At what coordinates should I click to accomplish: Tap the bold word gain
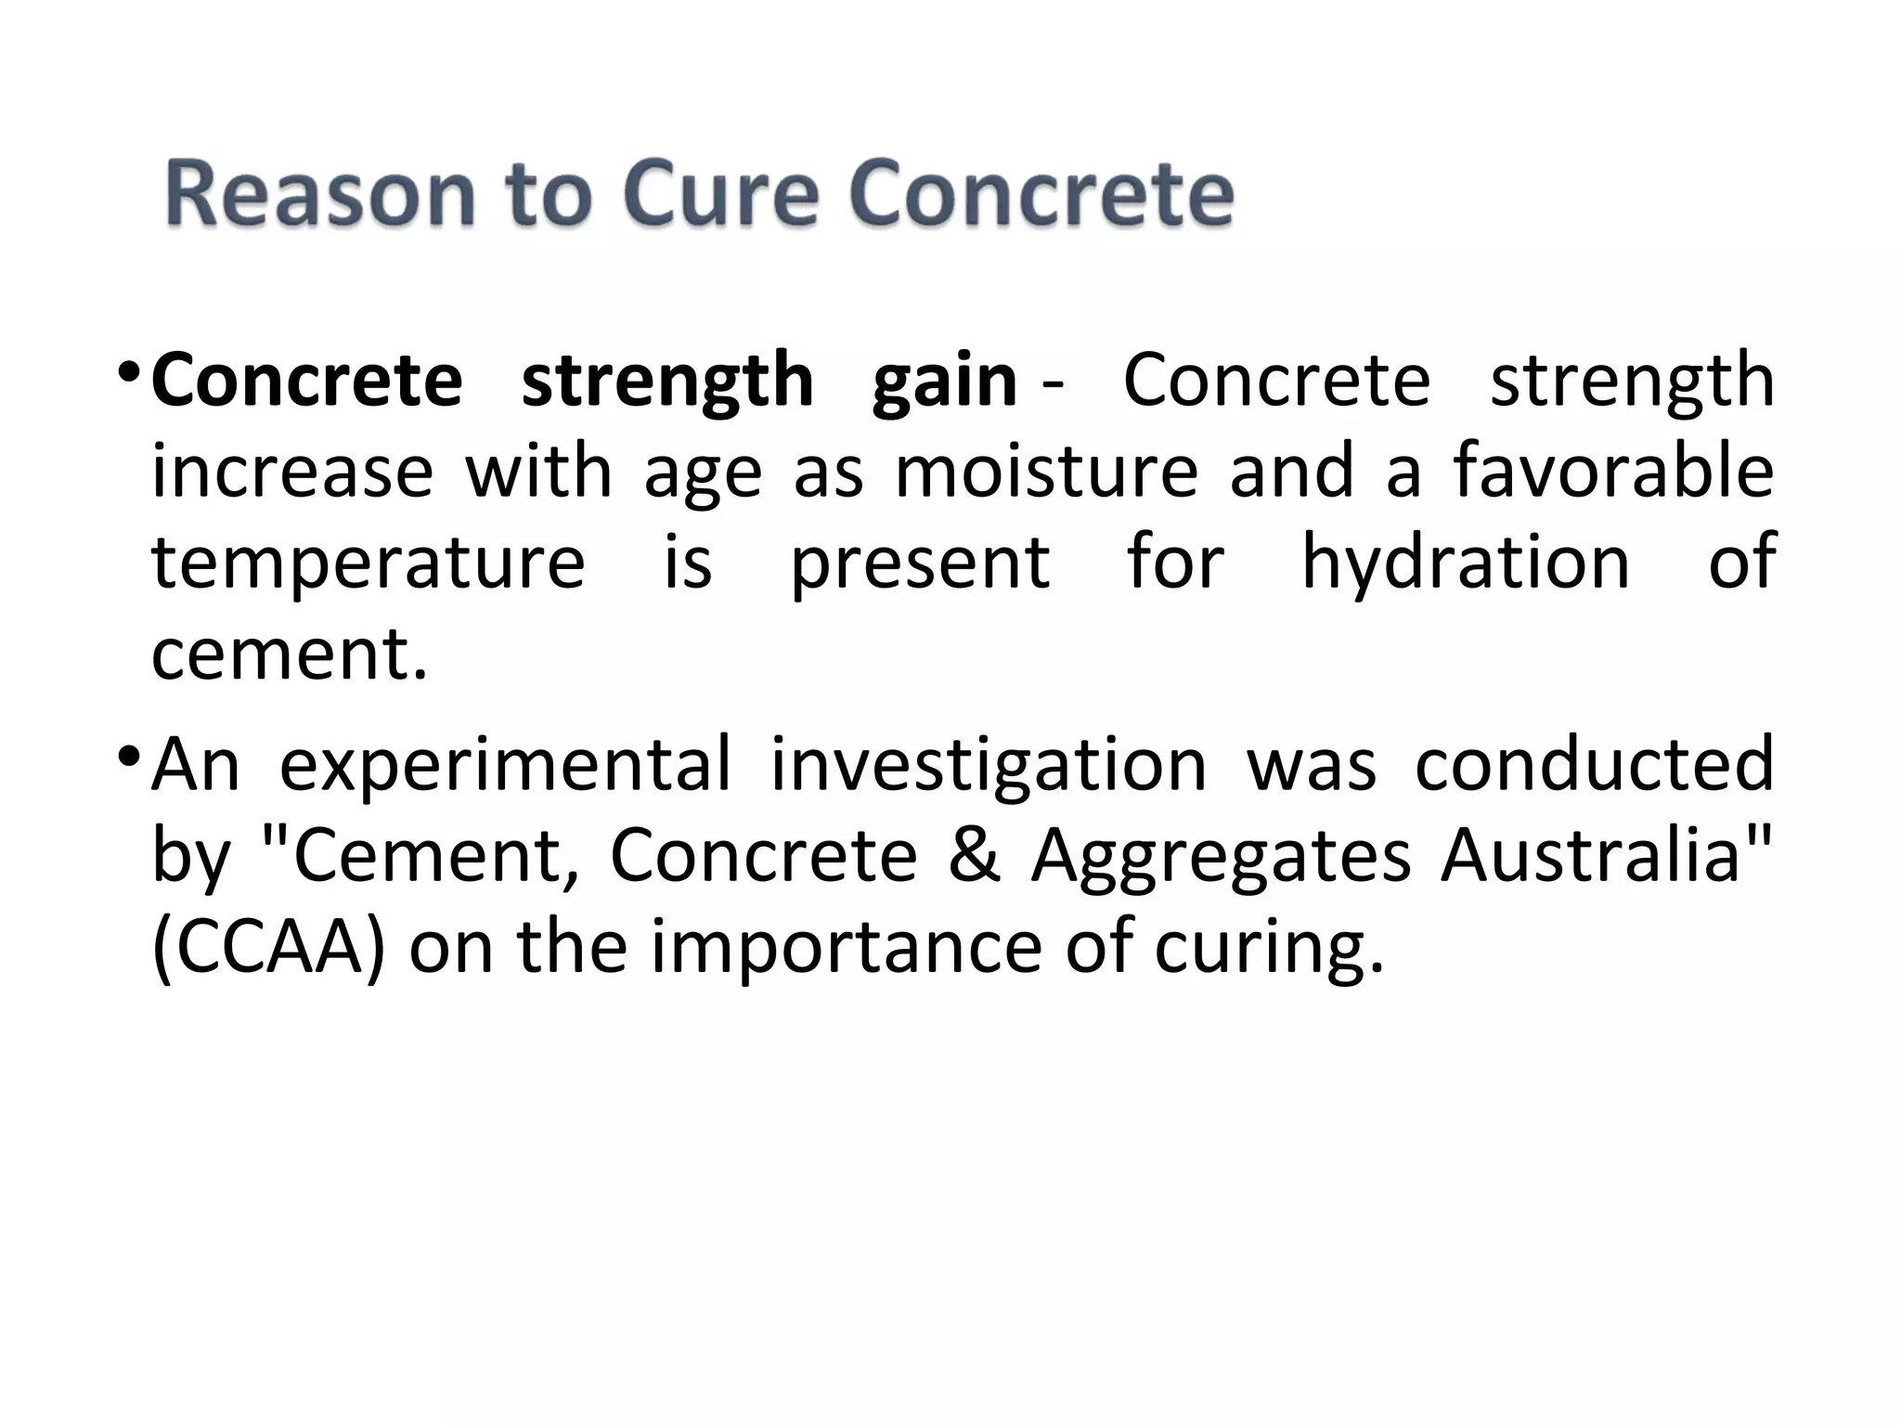tap(945, 381)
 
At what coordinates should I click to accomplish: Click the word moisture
tap(1046, 472)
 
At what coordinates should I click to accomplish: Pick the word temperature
tap(369, 563)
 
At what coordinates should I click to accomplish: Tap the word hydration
tap(1466, 563)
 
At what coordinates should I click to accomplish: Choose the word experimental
tap(505, 764)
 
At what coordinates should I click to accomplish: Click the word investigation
tap(988, 764)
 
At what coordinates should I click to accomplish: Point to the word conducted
tap(1594, 764)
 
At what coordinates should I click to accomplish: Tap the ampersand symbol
tap(974, 855)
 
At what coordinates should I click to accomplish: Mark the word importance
tap(845, 947)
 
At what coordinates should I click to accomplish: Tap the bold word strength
tap(666, 381)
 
